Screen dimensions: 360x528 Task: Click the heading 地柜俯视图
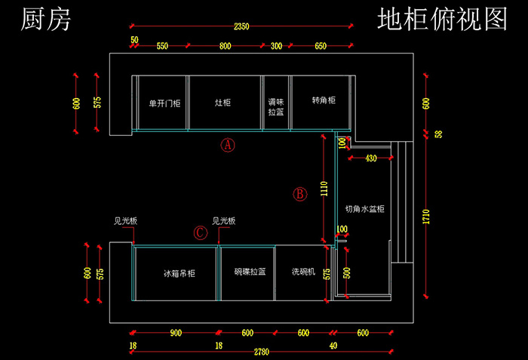tap(442, 20)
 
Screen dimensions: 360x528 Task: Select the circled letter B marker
tap(300, 194)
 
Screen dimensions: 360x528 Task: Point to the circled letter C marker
tap(200, 232)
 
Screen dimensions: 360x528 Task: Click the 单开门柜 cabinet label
tap(164, 103)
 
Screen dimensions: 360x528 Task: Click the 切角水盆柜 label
tap(365, 208)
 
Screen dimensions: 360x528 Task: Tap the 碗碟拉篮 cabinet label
tap(249, 272)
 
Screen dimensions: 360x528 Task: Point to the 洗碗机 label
tap(303, 271)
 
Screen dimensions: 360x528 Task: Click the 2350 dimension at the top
tap(241, 27)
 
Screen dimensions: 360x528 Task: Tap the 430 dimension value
tap(370, 158)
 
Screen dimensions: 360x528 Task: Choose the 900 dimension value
tap(174, 334)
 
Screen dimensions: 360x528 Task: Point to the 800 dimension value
tap(225, 46)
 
